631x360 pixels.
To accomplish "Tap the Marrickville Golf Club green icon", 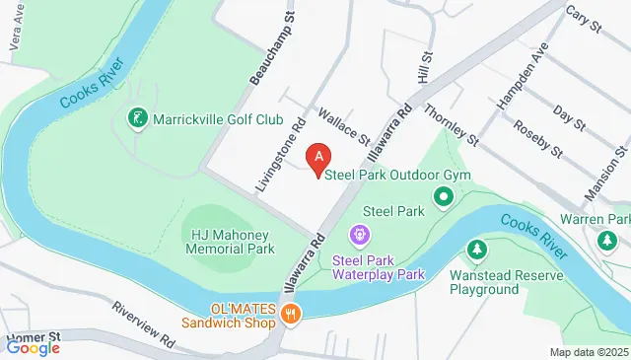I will [x=139, y=119].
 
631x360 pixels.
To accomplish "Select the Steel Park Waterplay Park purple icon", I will [x=361, y=235].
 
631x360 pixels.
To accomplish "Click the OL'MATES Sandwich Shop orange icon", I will [x=290, y=315].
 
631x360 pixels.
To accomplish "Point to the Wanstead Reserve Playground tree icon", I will [x=477, y=249].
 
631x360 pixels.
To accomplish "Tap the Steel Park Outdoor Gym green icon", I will [x=444, y=196].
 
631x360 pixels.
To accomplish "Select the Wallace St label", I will [x=342, y=124].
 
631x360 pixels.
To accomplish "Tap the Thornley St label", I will [x=452, y=126].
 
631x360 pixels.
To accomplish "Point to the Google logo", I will [x=34, y=346].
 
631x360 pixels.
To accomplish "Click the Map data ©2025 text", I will [x=588, y=352].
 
